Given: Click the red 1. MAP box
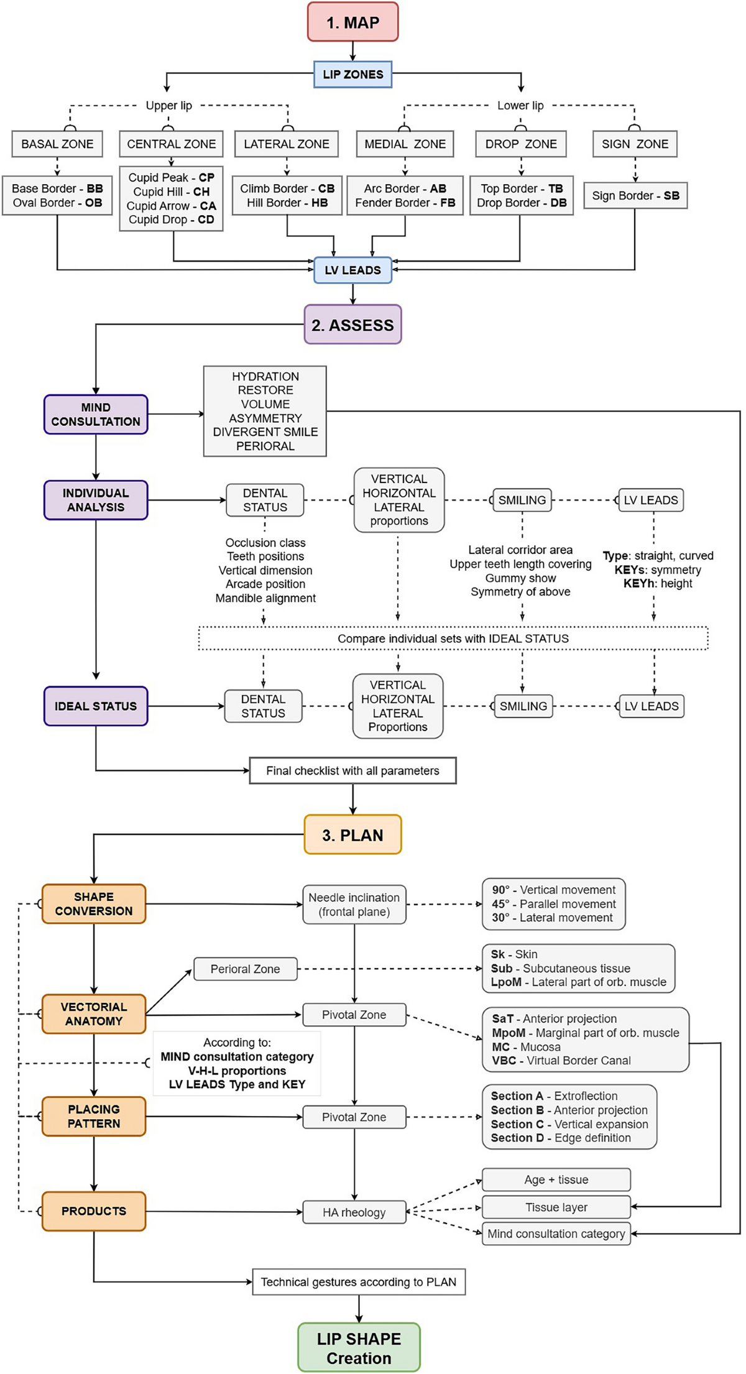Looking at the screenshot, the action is pyautogui.click(x=352, y=22).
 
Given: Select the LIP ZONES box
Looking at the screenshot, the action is pyautogui.click(x=352, y=74).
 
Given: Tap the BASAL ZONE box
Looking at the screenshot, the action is pyautogui.click(x=57, y=144).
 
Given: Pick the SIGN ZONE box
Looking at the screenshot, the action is pyautogui.click(x=635, y=144).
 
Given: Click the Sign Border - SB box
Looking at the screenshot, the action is pyautogui.click(x=635, y=195).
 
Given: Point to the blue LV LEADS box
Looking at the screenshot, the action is pyautogui.click(x=352, y=270).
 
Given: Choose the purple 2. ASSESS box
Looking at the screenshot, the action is pyautogui.click(x=352, y=325).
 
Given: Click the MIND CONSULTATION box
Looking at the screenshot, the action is pyautogui.click(x=96, y=414).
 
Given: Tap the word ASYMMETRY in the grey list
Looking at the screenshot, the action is pyautogui.click(x=265, y=418).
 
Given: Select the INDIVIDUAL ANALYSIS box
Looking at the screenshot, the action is pyautogui.click(x=96, y=500).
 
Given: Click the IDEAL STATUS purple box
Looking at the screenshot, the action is pyautogui.click(x=96, y=706).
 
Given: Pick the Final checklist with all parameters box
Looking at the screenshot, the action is pyautogui.click(x=352, y=770).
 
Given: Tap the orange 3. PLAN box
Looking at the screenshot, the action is pyautogui.click(x=352, y=834).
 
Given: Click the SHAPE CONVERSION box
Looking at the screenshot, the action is pyautogui.click(x=94, y=903).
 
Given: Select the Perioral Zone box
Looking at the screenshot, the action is pyautogui.click(x=246, y=969).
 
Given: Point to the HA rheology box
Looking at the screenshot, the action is pyautogui.click(x=354, y=1212).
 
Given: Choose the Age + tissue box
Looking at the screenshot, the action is pyautogui.click(x=556, y=1179).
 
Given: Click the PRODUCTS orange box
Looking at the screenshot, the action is pyautogui.click(x=94, y=1211).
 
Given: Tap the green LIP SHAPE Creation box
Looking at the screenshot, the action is pyautogui.click(x=359, y=1347).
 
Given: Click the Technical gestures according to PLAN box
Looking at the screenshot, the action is pyautogui.click(x=359, y=1281).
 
